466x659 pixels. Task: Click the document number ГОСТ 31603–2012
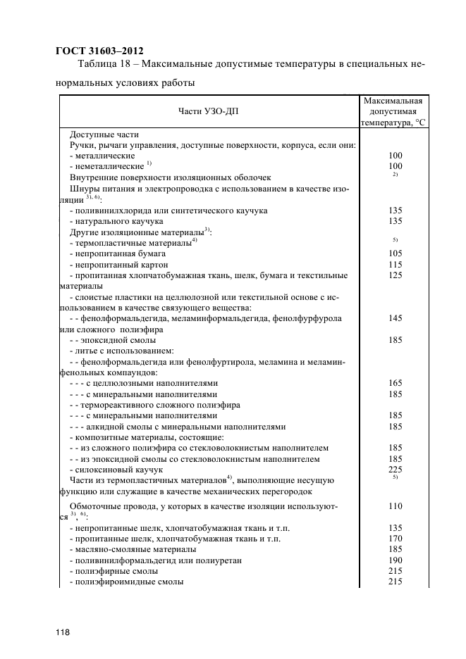pos(99,50)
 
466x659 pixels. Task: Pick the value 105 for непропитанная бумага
pos(395,253)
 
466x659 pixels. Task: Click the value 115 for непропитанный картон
pos(395,264)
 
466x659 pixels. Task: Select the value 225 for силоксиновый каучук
pos(395,469)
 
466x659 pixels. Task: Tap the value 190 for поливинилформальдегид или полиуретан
pos(395,560)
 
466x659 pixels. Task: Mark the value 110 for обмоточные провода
pos(395,506)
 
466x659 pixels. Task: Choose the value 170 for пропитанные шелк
pos(395,538)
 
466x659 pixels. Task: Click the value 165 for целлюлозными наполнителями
pos(395,383)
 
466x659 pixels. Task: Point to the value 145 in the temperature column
pos(395,318)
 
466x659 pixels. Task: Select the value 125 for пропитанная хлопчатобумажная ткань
pos(395,275)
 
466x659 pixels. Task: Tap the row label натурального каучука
pos(116,220)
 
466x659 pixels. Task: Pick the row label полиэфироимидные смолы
pos(127,582)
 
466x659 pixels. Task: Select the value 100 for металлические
pos(395,155)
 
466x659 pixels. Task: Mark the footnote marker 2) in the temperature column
pos(396,175)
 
